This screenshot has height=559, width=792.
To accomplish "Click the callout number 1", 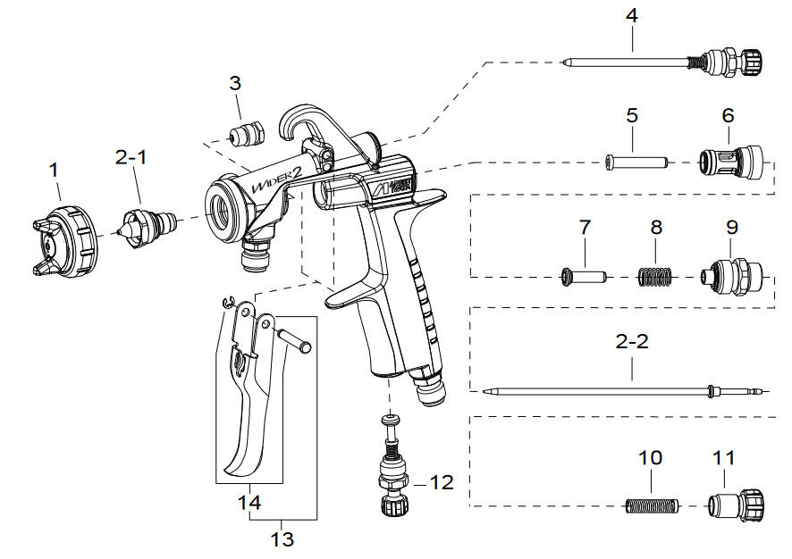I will (55, 168).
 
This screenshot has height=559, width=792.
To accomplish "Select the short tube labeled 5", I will (636, 163).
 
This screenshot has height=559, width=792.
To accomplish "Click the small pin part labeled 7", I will (583, 276).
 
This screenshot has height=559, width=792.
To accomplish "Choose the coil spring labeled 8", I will (657, 276).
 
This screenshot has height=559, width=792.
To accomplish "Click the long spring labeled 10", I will (652, 506).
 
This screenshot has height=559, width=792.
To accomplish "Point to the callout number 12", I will (442, 483).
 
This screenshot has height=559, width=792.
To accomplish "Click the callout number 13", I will (282, 539).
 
